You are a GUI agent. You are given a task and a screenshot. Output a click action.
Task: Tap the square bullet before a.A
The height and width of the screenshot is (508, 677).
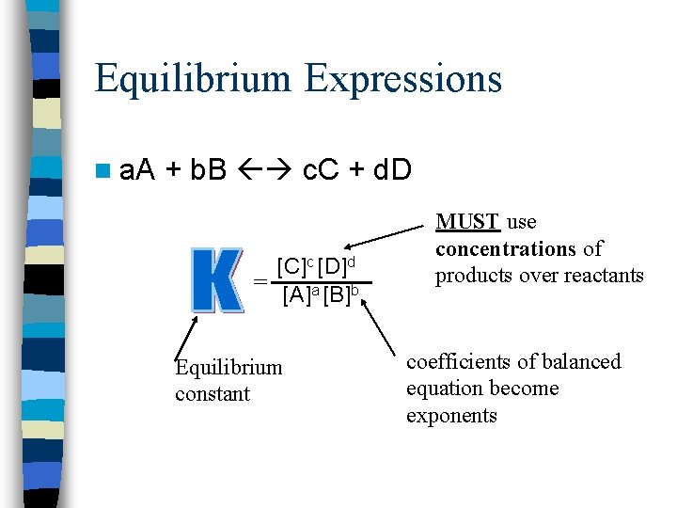point(102,170)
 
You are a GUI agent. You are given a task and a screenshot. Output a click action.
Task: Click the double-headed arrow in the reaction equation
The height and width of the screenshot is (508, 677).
point(265,170)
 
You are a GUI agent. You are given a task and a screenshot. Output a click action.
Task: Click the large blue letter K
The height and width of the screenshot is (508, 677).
point(217,280)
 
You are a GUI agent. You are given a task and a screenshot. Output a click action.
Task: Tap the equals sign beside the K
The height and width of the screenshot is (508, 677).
point(260,282)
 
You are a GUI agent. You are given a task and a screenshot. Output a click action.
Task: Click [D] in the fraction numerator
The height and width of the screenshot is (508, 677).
point(336,266)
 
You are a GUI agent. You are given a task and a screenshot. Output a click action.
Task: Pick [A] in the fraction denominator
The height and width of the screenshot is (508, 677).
point(296,296)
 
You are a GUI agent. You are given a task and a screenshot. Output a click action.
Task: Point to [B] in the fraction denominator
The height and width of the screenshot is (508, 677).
point(338,296)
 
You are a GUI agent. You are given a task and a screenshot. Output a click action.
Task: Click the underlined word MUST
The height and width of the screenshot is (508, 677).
point(467,223)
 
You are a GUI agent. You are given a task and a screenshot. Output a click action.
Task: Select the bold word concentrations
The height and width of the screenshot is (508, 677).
point(504,249)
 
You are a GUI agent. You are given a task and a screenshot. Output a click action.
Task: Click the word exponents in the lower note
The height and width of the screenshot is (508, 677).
point(451,415)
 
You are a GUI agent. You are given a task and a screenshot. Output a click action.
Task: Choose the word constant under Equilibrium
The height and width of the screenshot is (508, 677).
point(213,393)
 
